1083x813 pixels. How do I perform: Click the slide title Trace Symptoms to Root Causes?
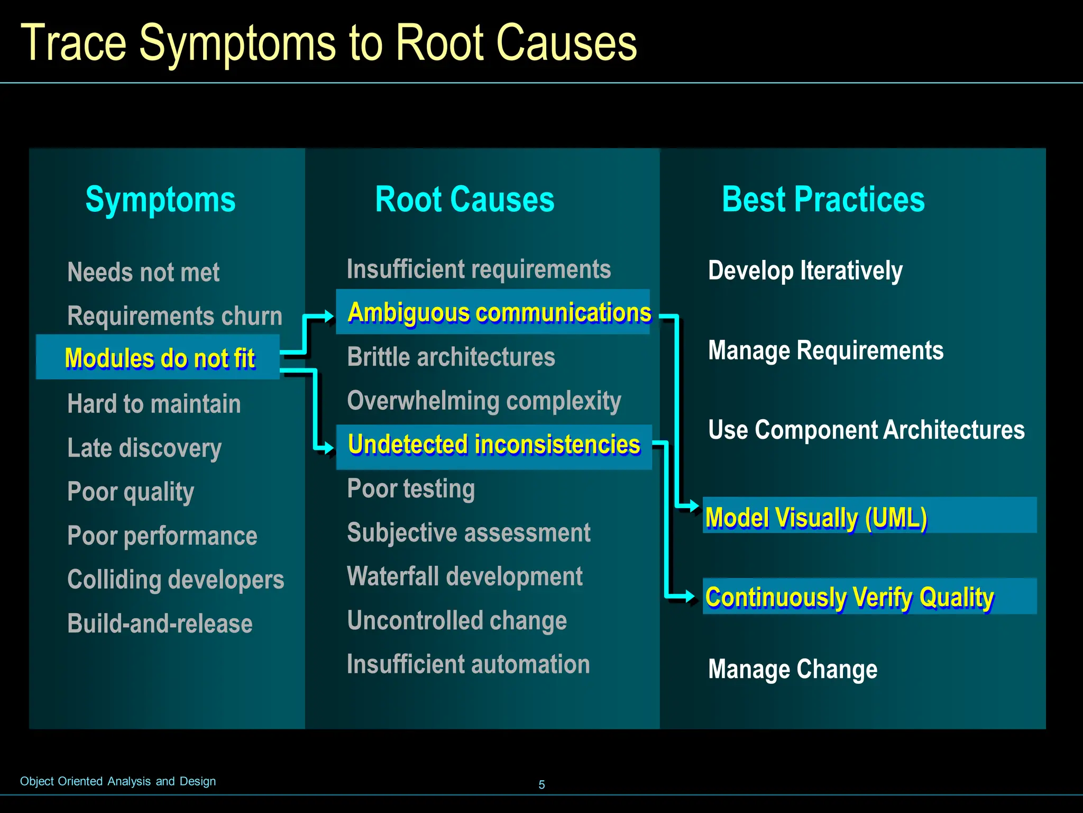click(x=328, y=43)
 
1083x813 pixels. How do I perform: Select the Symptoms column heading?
click(x=160, y=200)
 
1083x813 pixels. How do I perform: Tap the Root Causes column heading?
click(x=464, y=200)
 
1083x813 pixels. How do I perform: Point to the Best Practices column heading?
click(x=823, y=200)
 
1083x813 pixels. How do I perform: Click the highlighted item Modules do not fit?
click(x=158, y=357)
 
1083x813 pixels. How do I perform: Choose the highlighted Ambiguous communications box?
click(x=493, y=312)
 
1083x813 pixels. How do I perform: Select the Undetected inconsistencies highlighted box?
click(x=493, y=445)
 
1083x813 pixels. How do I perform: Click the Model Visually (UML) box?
click(x=869, y=516)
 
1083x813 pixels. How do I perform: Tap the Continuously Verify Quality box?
click(x=869, y=597)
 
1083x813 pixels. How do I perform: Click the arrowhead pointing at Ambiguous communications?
click(x=328, y=317)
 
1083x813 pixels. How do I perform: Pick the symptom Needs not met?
click(x=143, y=272)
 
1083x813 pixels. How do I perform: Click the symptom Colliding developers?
click(x=176, y=580)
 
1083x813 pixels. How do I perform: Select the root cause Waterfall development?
click(x=464, y=576)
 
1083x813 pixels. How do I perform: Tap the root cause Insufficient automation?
click(x=468, y=664)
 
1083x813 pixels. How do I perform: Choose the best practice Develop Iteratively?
click(x=805, y=270)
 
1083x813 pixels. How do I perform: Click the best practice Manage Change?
click(x=792, y=669)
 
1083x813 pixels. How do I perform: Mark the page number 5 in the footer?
click(x=541, y=785)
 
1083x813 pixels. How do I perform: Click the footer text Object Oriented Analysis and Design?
click(x=118, y=781)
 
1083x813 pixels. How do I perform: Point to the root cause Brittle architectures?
click(x=451, y=357)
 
